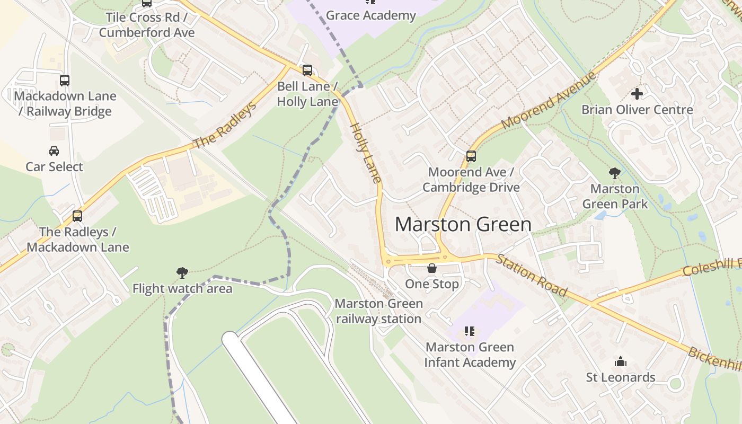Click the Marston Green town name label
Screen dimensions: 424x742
point(463,224)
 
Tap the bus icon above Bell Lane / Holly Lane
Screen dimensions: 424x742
point(307,70)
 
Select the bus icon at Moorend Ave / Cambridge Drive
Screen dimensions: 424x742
point(471,156)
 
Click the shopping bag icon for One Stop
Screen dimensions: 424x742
point(432,268)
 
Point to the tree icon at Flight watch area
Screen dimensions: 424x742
point(182,273)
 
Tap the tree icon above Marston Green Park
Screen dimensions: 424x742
point(615,173)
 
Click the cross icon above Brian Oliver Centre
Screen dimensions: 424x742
point(637,94)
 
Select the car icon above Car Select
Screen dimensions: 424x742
point(54,151)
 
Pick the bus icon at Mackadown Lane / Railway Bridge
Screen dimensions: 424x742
point(64,81)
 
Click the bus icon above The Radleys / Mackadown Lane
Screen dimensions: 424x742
point(77,216)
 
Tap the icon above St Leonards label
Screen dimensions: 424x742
point(620,362)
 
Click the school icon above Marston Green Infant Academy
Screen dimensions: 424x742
point(469,332)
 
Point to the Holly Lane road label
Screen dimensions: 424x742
point(366,153)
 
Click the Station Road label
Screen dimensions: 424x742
point(532,275)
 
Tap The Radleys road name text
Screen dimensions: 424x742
point(225,125)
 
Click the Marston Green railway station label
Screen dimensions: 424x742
point(378,311)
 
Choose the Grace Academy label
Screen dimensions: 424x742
point(370,15)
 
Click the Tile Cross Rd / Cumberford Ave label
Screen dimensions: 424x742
point(147,24)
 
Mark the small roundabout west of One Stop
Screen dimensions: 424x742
point(388,261)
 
